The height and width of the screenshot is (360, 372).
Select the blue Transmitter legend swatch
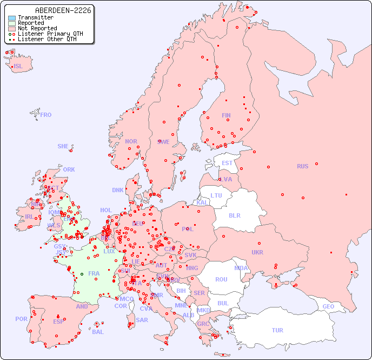click(x=12, y=18)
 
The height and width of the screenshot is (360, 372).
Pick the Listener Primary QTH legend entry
click(x=50, y=34)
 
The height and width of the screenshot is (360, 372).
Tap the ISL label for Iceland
click(x=18, y=67)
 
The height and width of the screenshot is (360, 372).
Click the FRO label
click(x=46, y=115)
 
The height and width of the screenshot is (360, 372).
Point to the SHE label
click(x=63, y=146)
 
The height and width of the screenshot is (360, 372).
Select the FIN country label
click(x=226, y=115)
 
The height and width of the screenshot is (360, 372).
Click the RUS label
click(x=302, y=166)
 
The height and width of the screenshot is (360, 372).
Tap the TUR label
click(x=277, y=330)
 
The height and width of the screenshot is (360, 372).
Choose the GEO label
click(x=328, y=306)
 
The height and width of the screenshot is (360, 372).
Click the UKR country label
click(x=257, y=252)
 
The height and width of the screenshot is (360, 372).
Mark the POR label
click(x=21, y=319)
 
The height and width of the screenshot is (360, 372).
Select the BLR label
click(x=234, y=215)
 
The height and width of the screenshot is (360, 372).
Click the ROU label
click(x=221, y=279)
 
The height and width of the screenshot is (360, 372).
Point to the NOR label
click(x=131, y=141)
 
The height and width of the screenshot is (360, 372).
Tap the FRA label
click(x=94, y=273)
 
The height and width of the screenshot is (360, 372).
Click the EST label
click(x=227, y=163)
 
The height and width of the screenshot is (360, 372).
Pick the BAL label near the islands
click(x=98, y=332)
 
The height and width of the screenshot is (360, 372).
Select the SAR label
click(x=142, y=320)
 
